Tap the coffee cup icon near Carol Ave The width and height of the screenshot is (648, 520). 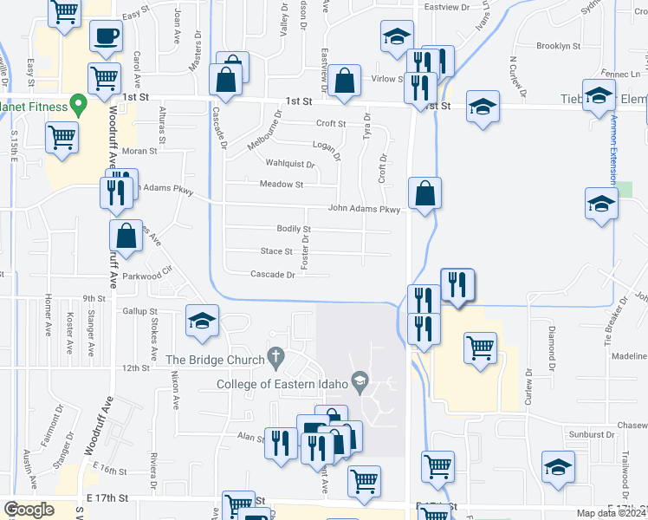[106, 36]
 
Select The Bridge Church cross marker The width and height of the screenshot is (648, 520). [276, 355]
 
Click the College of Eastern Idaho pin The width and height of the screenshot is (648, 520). [361, 380]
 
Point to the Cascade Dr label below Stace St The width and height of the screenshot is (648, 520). [273, 275]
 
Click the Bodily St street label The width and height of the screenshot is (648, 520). [294, 229]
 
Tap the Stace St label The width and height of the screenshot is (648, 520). [276, 251]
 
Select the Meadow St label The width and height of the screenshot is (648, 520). [282, 184]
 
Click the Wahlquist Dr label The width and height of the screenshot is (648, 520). [289, 163]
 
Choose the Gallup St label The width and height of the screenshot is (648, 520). [140, 310]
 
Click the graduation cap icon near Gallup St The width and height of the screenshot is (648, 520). [202, 322]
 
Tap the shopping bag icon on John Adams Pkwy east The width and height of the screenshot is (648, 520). [424, 193]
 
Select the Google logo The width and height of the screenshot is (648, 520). [29, 510]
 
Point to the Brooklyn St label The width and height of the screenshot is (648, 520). [558, 46]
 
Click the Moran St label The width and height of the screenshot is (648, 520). [139, 150]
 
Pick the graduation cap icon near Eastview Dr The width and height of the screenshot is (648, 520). [397, 36]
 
